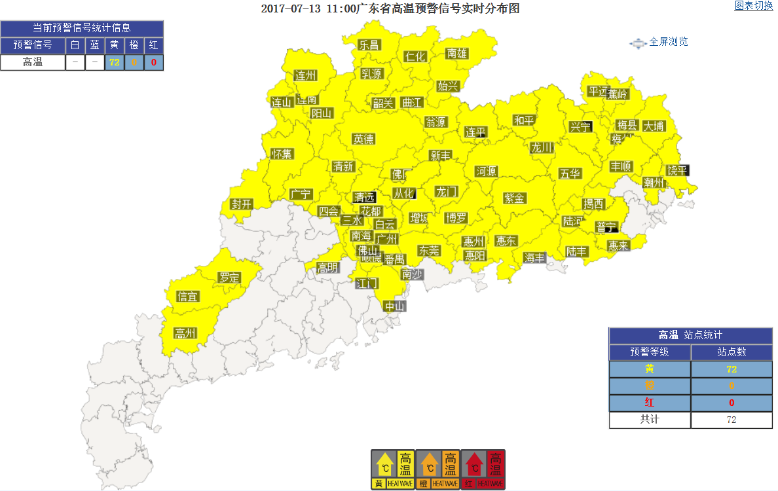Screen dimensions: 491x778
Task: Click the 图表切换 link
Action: (x=754, y=6)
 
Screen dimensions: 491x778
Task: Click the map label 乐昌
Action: (x=369, y=45)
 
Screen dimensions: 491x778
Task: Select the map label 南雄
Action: (x=457, y=53)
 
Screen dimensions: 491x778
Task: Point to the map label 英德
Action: (x=363, y=139)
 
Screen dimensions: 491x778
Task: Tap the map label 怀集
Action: (x=283, y=154)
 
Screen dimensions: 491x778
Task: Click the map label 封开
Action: (x=242, y=204)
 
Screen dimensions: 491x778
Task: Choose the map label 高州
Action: (x=185, y=333)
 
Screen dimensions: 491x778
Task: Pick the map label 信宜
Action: (x=188, y=297)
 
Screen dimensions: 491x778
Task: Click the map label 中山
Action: (x=395, y=306)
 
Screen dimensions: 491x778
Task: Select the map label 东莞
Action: (x=430, y=250)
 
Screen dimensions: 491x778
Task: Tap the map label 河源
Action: (x=487, y=172)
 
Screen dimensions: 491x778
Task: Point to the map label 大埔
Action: (x=653, y=126)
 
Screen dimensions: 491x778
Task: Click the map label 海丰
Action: (x=534, y=258)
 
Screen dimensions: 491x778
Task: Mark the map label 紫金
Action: (x=515, y=198)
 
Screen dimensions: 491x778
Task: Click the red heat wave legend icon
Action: (x=483, y=469)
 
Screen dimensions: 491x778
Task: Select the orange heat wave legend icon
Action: (x=438, y=469)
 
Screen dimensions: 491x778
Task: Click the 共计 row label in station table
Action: (x=650, y=420)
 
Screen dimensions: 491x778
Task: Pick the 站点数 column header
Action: (x=732, y=352)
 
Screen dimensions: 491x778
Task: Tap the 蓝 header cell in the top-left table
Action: (x=95, y=45)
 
